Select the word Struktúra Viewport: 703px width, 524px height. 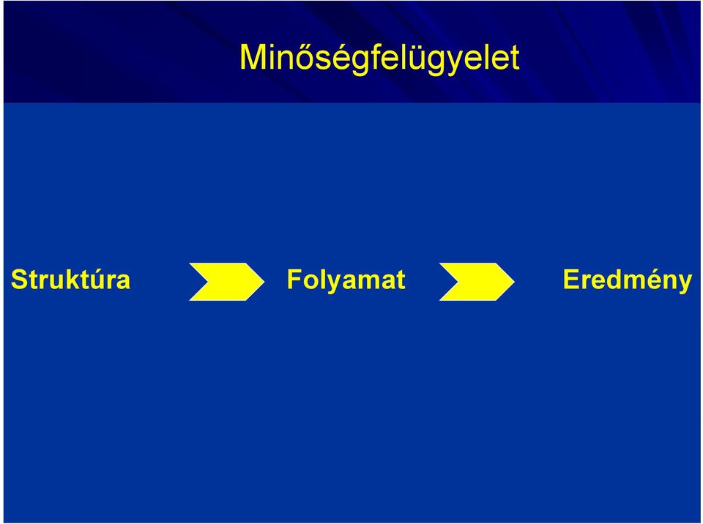70,280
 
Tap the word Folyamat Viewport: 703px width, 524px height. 346,280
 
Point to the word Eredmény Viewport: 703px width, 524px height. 628,280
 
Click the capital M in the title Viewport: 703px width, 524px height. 254,56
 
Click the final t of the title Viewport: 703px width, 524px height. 515,57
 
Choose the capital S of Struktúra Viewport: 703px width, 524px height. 20,280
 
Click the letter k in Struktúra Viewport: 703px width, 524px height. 72,280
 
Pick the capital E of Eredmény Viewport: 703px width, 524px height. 572,280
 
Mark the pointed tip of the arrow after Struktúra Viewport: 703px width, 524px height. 264,282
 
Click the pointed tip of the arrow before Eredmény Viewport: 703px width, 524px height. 514,282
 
